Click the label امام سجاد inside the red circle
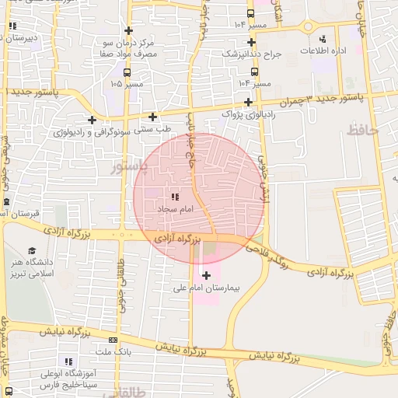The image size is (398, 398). (175, 210)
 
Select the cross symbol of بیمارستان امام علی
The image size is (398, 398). (206, 275)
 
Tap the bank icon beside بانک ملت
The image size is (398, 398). (113, 340)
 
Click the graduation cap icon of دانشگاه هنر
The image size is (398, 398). (32, 250)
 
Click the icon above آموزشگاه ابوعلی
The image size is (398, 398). (68, 361)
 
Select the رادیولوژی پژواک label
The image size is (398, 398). (247, 114)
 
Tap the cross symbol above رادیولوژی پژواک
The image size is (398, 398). (248, 102)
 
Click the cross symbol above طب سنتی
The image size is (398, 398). (153, 117)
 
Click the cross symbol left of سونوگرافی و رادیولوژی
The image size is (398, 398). (93, 120)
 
